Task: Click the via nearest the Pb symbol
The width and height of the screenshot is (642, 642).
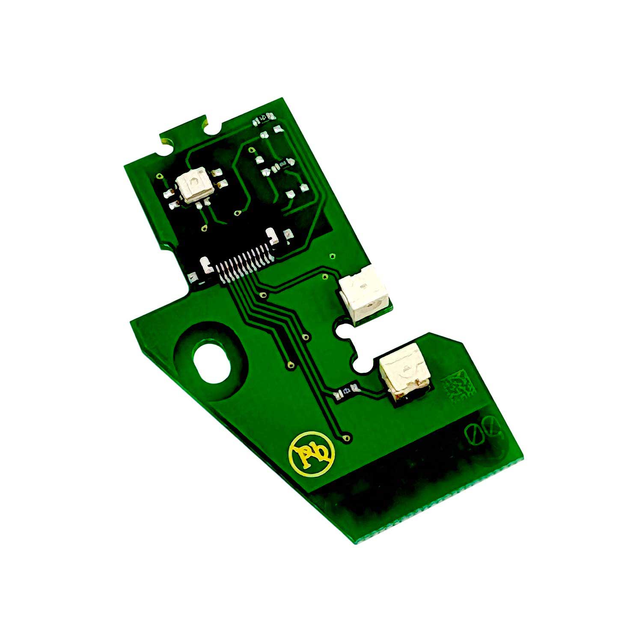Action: (x=347, y=437)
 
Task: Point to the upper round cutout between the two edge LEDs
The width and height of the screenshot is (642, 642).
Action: (x=342, y=330)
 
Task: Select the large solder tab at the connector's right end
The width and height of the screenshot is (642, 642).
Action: (x=272, y=238)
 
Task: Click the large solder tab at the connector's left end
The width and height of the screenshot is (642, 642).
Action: (x=206, y=265)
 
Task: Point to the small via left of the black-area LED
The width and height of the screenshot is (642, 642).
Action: (x=160, y=176)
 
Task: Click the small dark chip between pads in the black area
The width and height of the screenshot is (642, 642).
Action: (x=282, y=164)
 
